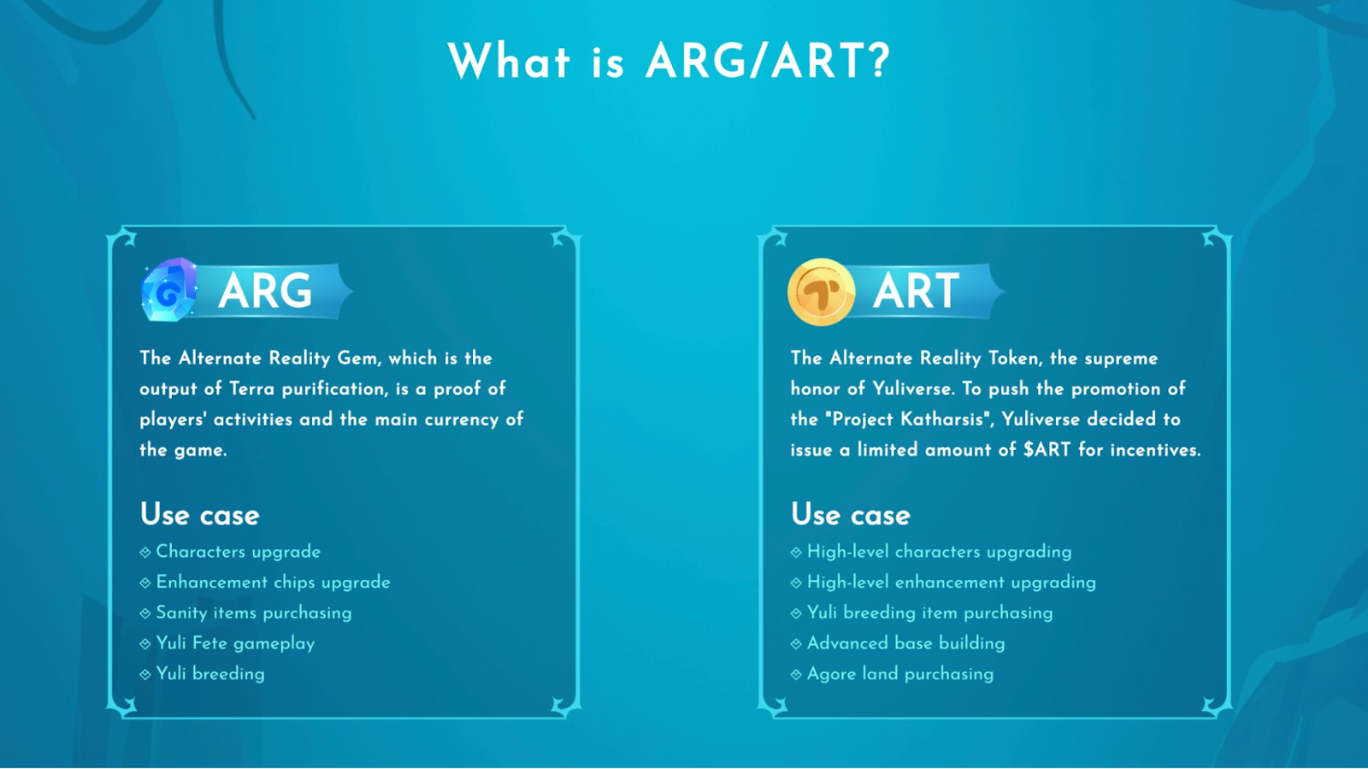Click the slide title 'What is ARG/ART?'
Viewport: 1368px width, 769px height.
click(669, 61)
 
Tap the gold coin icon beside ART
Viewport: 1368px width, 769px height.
click(821, 292)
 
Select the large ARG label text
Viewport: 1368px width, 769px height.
click(265, 291)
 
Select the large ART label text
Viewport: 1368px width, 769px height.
click(916, 291)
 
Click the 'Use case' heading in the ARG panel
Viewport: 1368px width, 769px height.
click(200, 514)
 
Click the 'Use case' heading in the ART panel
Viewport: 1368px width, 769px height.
click(851, 514)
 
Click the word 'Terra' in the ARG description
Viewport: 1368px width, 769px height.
click(251, 388)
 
